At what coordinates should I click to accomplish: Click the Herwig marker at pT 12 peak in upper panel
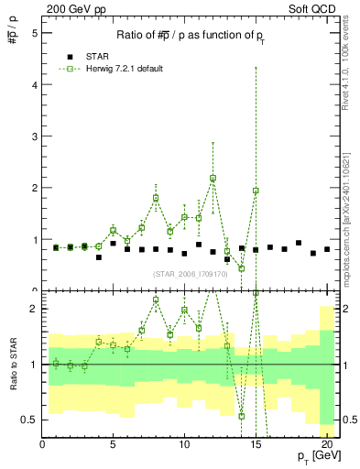pos(213,178)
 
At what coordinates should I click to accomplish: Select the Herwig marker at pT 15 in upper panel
pos(256,191)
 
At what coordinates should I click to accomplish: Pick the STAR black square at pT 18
pos(299,243)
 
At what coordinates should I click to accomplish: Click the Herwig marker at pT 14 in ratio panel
pos(241,416)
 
